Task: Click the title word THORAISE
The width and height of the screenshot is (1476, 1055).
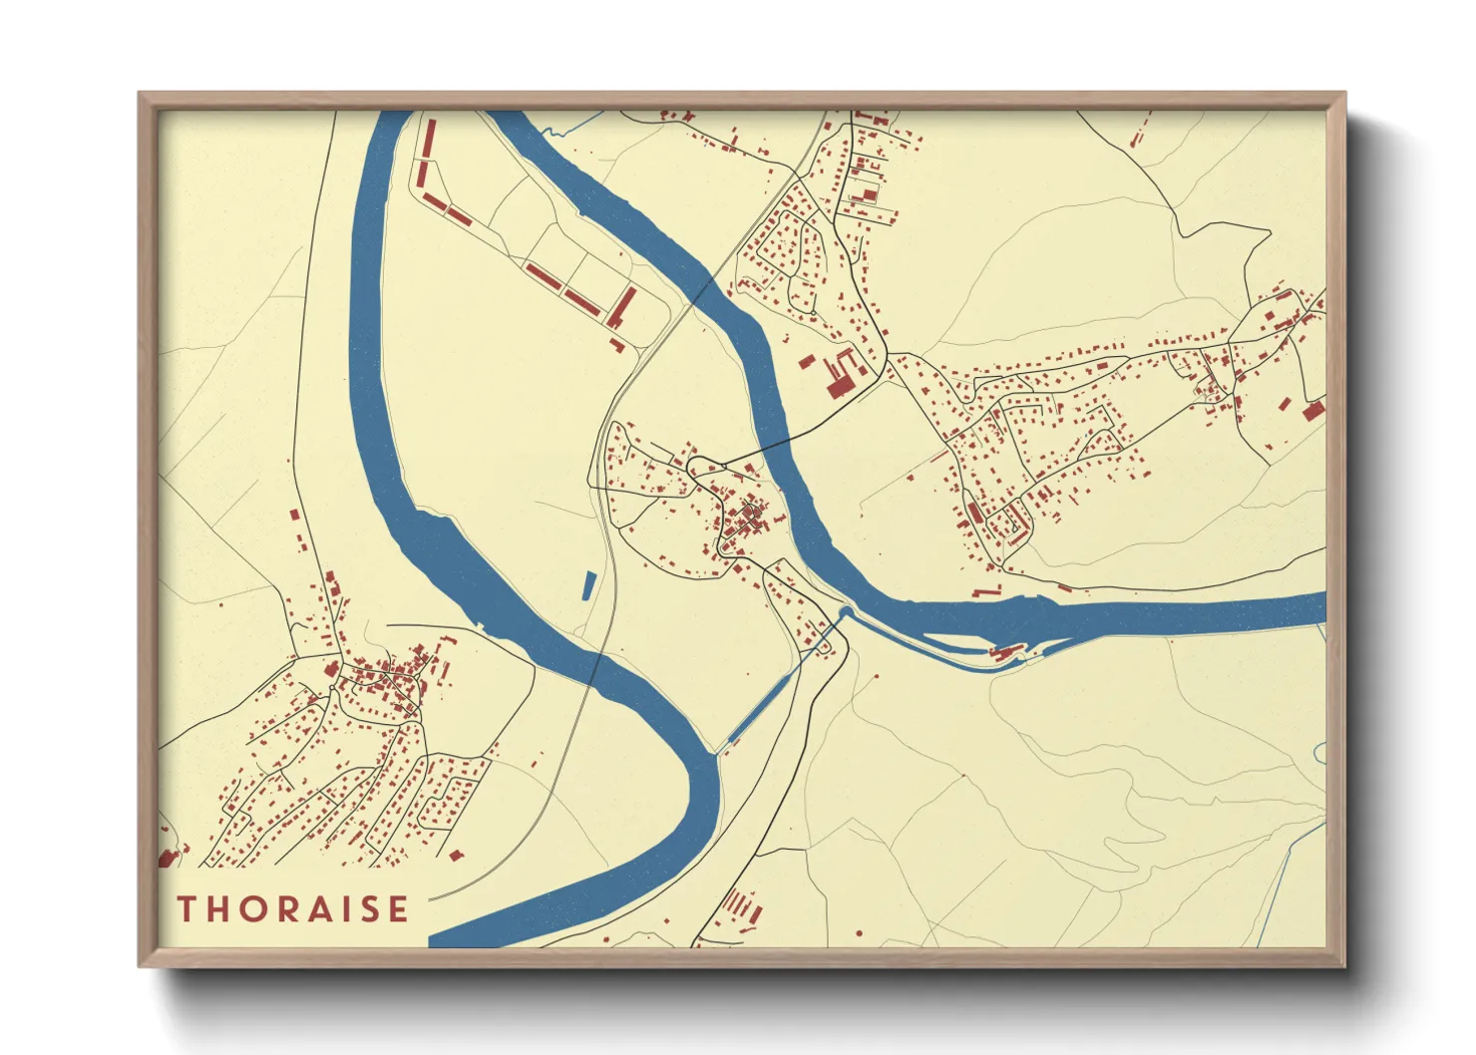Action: [293, 909]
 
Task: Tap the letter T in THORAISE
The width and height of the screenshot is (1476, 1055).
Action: [186, 909]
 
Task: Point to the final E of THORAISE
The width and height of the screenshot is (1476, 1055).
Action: [399, 909]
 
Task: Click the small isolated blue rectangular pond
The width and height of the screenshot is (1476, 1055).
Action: [587, 585]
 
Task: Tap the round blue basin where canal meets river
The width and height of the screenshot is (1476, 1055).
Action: [846, 611]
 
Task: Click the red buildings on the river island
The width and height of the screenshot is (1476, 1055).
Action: [1005, 652]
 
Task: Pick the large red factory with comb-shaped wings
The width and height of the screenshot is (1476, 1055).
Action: [841, 371]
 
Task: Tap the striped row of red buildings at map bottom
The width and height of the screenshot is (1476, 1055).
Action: [740, 906]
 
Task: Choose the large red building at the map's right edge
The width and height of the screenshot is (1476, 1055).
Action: [1313, 409]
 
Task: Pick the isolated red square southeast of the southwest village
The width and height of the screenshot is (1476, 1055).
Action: [457, 856]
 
